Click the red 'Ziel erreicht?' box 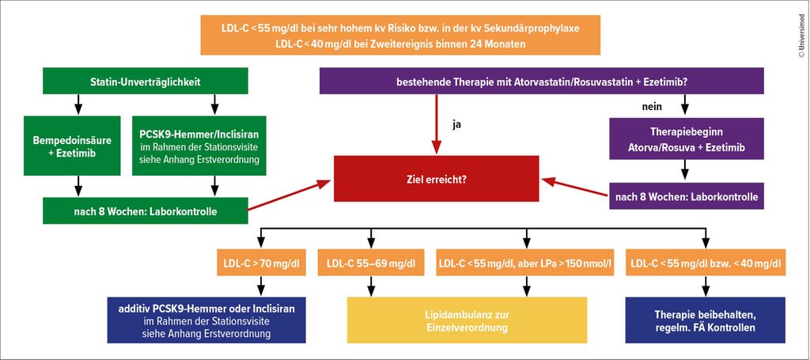(x=436, y=180)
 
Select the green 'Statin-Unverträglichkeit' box (x=145, y=81)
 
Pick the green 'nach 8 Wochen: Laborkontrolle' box (x=145, y=211)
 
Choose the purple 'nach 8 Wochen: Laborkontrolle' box (x=686, y=195)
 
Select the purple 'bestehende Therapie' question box (x=541, y=81)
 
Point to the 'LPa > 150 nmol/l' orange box (x=525, y=263)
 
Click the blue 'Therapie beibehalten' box (x=704, y=320)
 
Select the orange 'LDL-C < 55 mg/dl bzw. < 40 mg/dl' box (x=704, y=263)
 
